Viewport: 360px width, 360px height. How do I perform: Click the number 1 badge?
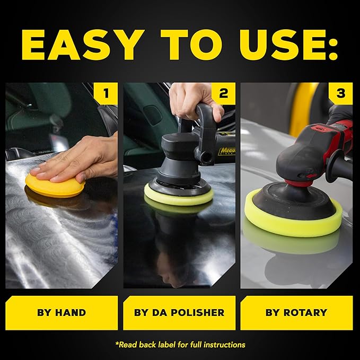[107, 94]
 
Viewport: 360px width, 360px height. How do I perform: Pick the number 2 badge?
[223, 94]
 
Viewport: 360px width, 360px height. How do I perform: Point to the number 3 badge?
[340, 94]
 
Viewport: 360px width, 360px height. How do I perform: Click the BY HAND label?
[62, 312]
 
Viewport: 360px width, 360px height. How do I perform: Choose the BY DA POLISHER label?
[179, 312]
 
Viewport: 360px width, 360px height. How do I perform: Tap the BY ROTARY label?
[297, 312]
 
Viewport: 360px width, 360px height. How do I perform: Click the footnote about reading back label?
[180, 344]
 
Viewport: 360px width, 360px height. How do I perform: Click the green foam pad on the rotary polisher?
[293, 217]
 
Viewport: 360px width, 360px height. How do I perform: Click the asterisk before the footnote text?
[117, 344]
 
